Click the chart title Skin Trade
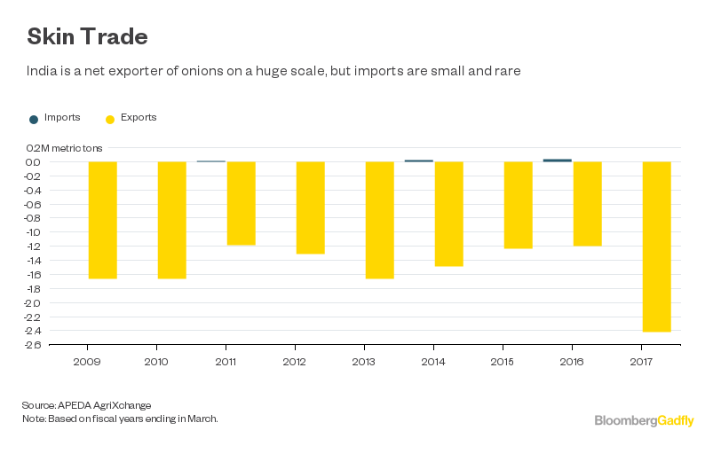pos(87,37)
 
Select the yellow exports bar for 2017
pos(656,246)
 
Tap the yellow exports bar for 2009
pos(102,220)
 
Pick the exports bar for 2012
pos(310,207)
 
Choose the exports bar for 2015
pos(518,205)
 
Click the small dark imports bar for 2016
pos(557,160)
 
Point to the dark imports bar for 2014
pos(418,161)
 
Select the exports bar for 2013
pos(379,220)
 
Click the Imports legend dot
pos(34,119)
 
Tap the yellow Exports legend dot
pos(110,119)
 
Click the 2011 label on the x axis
pos(226,362)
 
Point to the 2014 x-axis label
pos(433,362)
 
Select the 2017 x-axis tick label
pos(641,362)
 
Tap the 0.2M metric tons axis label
pos(64,148)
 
